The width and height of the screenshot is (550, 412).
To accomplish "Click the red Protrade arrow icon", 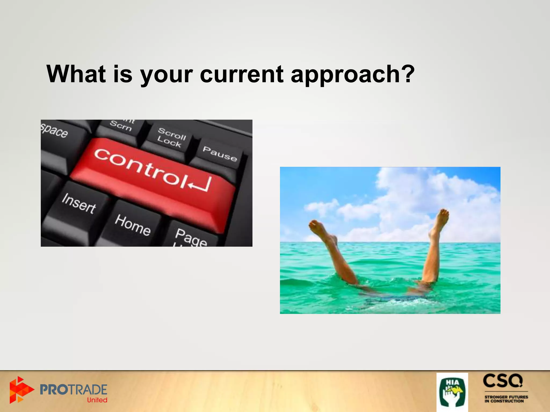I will pos(20,389).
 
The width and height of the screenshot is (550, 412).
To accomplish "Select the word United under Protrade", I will pos(97,400).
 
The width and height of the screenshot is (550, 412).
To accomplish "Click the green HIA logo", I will pos(452,392).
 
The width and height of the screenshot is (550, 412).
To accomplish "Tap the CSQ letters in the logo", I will pos(503,381).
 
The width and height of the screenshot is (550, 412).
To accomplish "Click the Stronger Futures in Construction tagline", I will pos(506,399).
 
